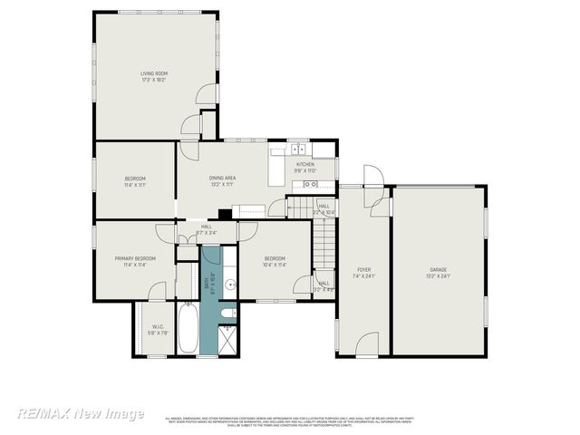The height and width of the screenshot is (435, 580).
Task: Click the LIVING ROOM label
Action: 154,73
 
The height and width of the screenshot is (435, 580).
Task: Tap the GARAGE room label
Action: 440,270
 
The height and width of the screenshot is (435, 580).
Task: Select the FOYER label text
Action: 363,270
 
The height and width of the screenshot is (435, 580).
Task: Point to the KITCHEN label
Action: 304,164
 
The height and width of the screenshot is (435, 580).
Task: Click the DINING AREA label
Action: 223,179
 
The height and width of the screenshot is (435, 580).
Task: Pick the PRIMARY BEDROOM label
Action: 135,258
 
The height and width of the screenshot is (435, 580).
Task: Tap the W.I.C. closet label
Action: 158,327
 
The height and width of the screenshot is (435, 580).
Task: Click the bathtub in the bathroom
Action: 188,330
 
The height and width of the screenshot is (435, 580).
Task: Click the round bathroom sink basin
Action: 231,285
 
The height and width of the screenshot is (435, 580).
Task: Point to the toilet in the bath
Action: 229,314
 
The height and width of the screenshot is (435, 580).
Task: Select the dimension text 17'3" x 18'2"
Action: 154,80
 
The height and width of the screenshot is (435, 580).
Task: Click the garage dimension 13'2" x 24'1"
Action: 440,276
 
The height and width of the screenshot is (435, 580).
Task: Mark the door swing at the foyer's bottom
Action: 366,344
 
